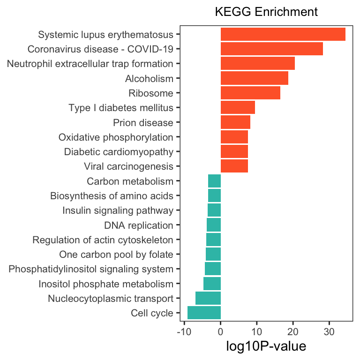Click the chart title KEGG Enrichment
pos(266,12)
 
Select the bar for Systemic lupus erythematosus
pos(283,34)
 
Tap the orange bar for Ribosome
pos(250,93)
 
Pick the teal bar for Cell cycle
pos(204,313)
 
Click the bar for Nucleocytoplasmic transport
pos(208,298)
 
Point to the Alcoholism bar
pos(254,78)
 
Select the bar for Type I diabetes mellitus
pos(238,108)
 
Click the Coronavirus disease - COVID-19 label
pos(100,49)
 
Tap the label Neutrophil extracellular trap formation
pos(90,64)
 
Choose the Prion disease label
pos(143,123)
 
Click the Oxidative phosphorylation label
pos(116,137)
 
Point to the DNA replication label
pos(139,225)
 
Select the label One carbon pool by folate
pos(116,255)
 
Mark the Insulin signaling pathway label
pos(118,210)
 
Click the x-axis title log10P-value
pos(266,346)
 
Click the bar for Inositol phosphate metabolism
pos(212,284)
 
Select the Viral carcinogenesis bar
pos(234,166)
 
